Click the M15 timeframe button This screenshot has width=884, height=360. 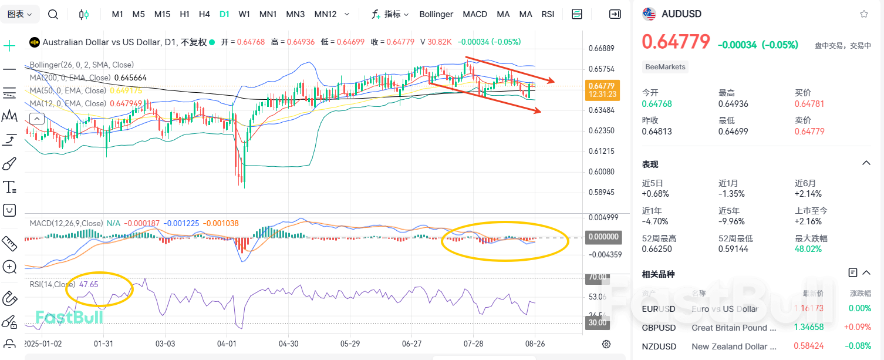click(162, 14)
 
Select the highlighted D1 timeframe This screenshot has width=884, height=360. click(224, 14)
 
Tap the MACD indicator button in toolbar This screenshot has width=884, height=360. click(475, 14)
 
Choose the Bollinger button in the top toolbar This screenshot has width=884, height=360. click(436, 14)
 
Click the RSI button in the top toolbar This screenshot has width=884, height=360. click(548, 14)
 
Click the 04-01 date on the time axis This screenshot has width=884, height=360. click(227, 344)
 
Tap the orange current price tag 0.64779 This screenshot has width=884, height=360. click(600, 86)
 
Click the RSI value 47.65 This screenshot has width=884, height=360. click(89, 284)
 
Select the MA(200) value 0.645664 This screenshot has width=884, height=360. click(130, 78)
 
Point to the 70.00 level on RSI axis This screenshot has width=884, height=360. click(598, 277)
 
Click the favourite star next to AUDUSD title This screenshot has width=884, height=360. click(863, 14)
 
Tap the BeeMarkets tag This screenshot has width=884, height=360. click(665, 67)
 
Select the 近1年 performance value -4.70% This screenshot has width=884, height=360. click(655, 221)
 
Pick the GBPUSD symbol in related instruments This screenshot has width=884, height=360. click(659, 328)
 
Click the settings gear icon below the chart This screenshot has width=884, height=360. click(606, 344)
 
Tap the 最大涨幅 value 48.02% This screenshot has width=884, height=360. click(808, 249)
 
